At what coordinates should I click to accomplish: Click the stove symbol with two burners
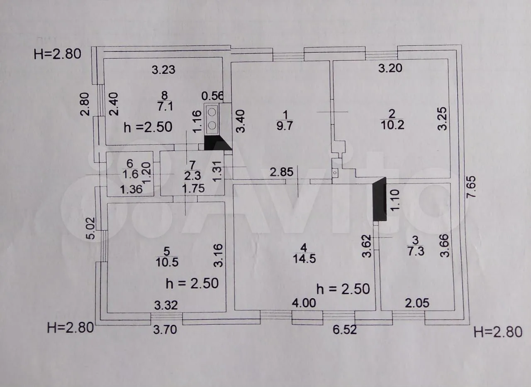point(212,118)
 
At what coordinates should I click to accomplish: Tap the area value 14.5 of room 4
point(304,258)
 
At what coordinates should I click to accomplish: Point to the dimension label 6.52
point(345,330)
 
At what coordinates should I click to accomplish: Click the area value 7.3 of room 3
point(415,251)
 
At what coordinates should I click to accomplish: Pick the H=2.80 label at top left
point(58,54)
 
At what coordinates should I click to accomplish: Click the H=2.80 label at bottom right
point(498,332)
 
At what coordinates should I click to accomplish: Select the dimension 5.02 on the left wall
point(93,229)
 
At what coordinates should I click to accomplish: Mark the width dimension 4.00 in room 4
point(304,303)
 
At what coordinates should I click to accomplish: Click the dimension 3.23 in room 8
point(163,70)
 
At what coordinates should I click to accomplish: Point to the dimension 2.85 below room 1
point(282,172)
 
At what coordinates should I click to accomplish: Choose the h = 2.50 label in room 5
point(192,283)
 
